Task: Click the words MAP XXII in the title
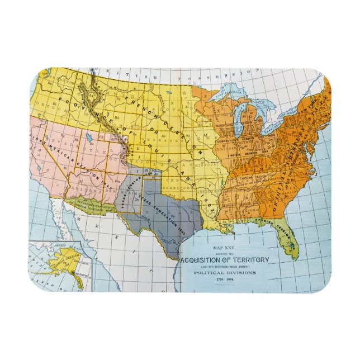(x=224, y=247)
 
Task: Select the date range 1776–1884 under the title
(x=224, y=279)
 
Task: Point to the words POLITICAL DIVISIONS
(x=224, y=272)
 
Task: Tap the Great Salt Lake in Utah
(x=90, y=136)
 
